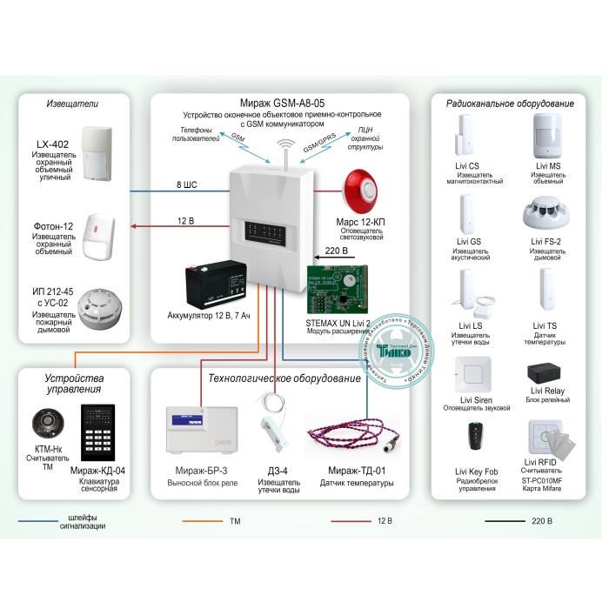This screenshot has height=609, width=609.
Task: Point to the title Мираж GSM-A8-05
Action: pyautogui.click(x=280, y=102)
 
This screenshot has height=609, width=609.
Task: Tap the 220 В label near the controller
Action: pyautogui.click(x=335, y=251)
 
